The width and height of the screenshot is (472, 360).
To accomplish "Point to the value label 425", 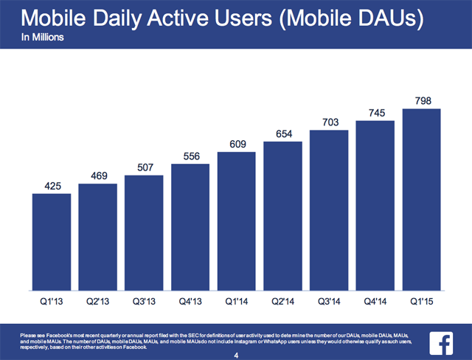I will click(52, 184).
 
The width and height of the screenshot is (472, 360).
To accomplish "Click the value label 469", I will click(97, 175).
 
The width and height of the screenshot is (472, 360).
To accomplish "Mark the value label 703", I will click(330, 121).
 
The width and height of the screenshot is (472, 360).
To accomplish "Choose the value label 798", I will click(422, 100).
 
